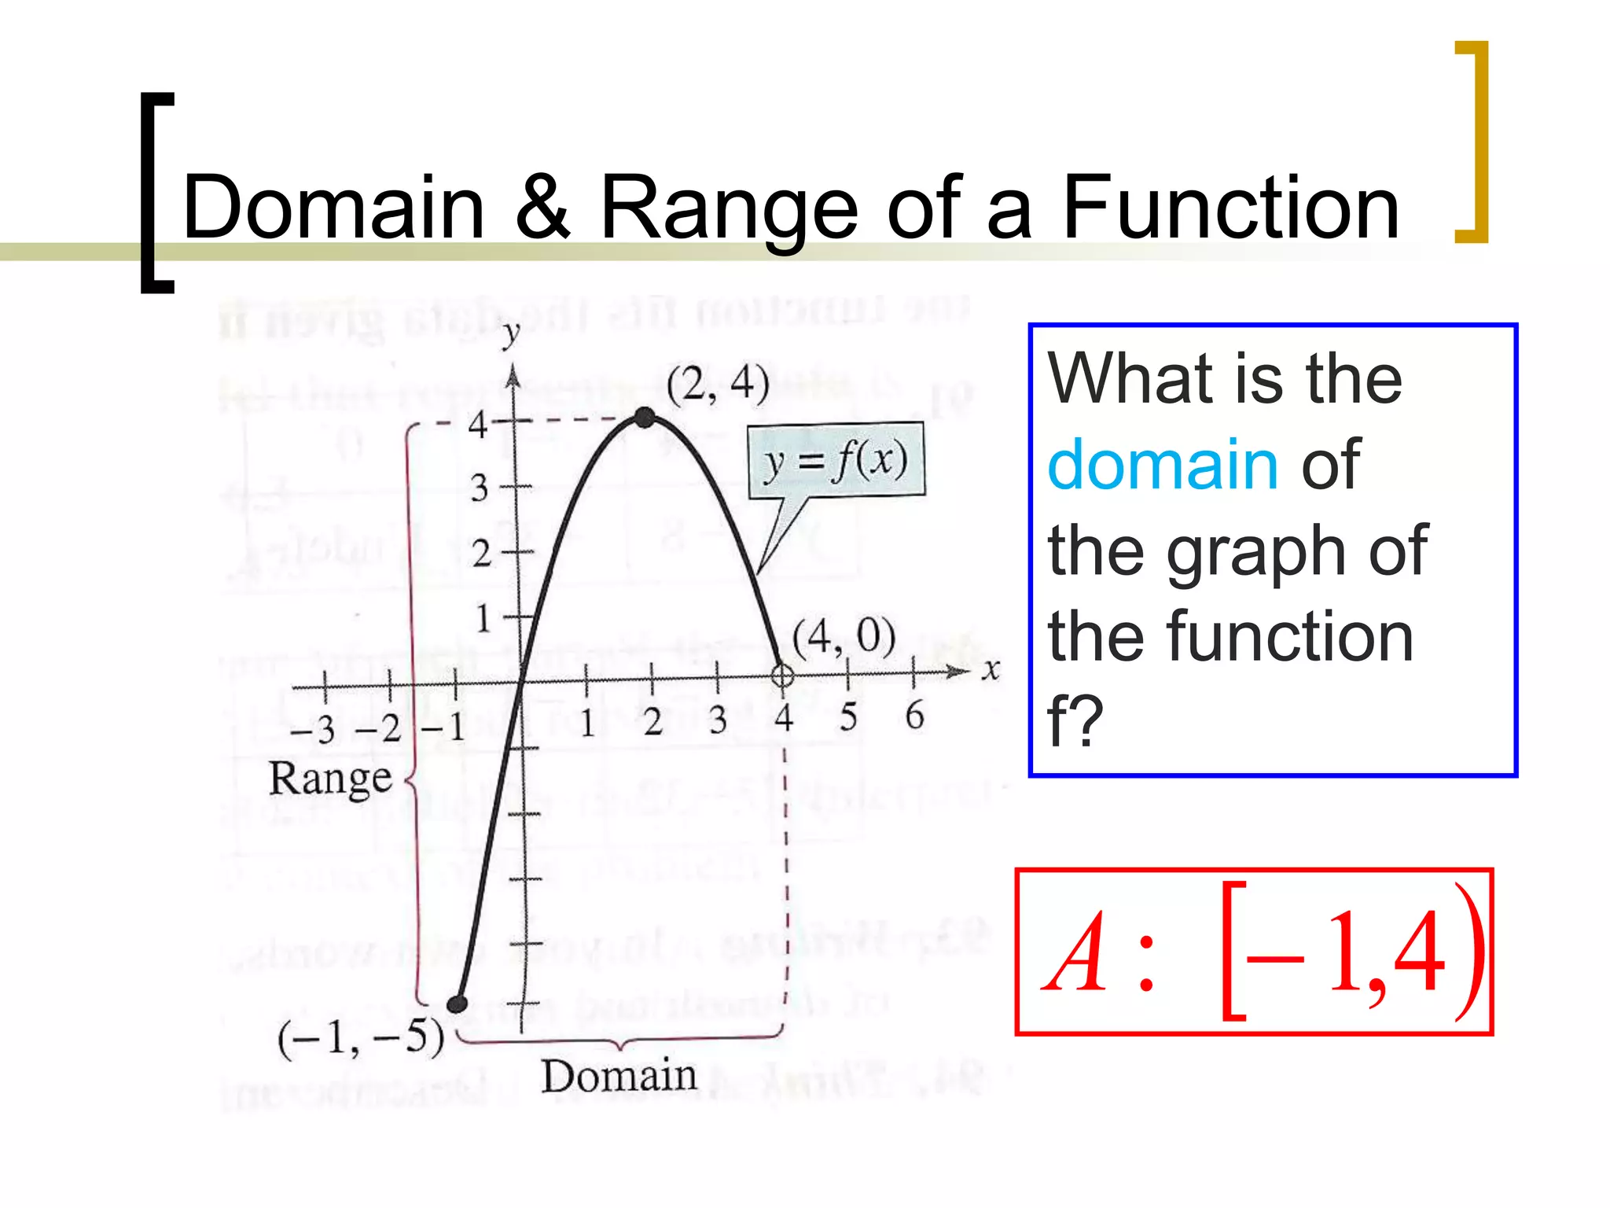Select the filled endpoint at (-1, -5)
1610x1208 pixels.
pos(457,1004)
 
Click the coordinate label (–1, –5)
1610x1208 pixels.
pos(361,1038)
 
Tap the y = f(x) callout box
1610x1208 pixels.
pos(836,461)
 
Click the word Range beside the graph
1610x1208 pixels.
pos(330,779)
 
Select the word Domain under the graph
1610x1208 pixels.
pos(619,1076)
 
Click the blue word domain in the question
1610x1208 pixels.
pos(1163,465)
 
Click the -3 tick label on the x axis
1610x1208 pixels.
pos(313,730)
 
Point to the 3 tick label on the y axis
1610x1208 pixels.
pos(480,488)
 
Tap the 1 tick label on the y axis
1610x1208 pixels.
pos(483,618)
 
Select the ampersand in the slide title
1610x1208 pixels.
pos(542,207)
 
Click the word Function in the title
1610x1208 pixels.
pos(1230,207)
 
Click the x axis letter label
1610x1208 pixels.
pos(991,670)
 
